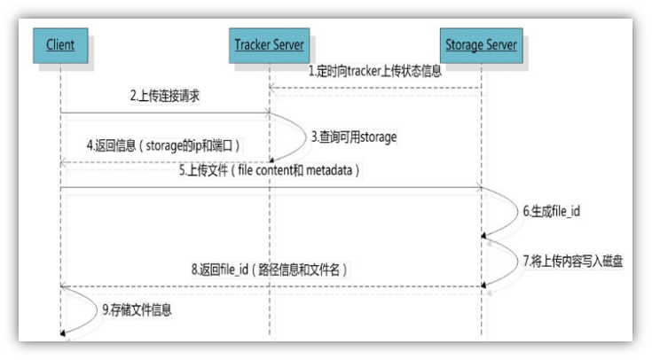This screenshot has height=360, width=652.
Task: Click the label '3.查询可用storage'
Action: coord(354,137)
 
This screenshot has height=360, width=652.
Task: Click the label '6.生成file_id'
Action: coord(553,213)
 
